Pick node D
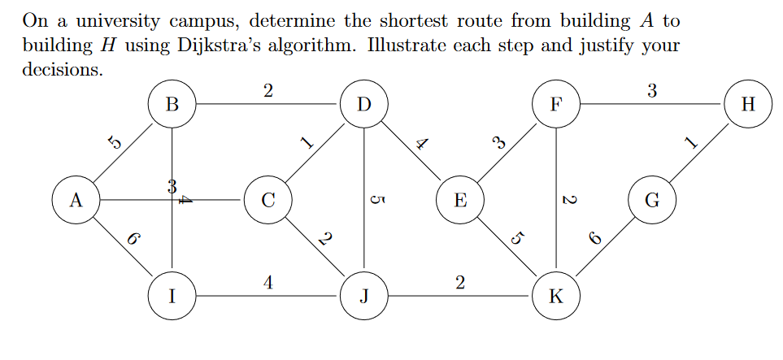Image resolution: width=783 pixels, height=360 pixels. pos(363,105)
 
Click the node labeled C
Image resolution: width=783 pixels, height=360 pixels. pos(268,200)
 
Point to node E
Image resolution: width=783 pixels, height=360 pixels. pos(459,200)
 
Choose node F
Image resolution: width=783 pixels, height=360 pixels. pos(555,105)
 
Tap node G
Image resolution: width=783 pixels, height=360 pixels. pos(651,200)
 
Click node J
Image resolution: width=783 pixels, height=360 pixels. pos(363,296)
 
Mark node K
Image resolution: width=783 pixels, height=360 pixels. pos(555,296)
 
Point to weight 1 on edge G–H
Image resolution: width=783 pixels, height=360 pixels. pos(691,144)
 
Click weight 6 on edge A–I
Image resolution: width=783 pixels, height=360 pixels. pos(133,239)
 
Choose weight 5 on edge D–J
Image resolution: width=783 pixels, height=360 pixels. pos(375,200)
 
